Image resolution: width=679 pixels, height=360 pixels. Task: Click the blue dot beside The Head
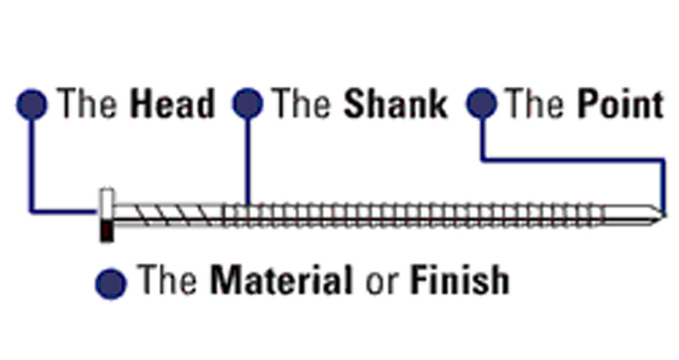coord(31,105)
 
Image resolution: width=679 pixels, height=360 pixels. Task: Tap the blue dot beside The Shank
coord(247,105)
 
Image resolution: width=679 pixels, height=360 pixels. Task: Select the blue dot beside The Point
coord(481,104)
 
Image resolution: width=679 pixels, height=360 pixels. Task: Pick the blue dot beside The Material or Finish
coord(111,282)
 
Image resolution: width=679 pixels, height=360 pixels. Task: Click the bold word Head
coord(172,105)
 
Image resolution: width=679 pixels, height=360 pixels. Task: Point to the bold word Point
coord(620,105)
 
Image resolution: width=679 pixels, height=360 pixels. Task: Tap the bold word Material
coord(281,279)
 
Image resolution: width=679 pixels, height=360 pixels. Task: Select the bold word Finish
coord(459,279)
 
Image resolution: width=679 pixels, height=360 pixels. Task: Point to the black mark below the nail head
coord(106,232)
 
